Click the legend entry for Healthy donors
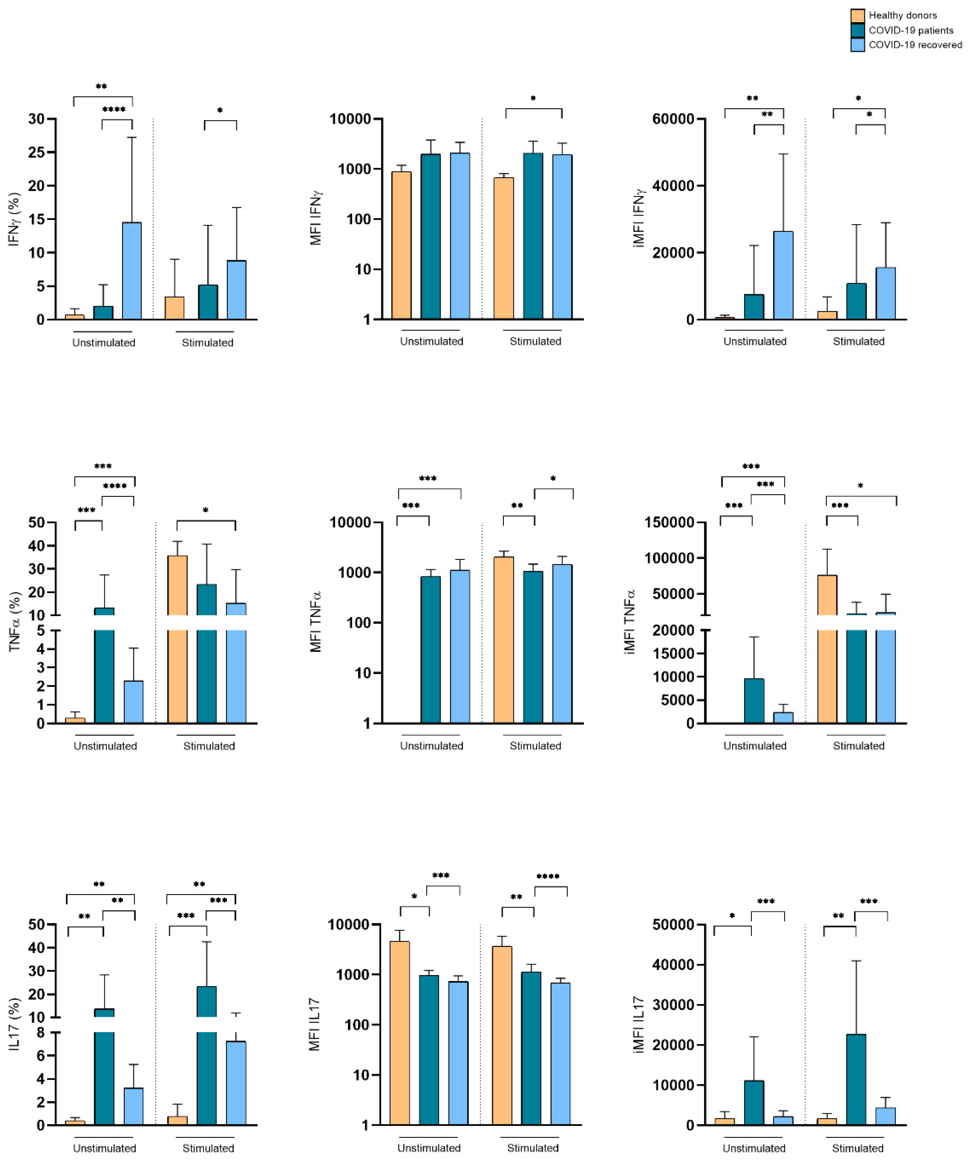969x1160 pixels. coord(902,16)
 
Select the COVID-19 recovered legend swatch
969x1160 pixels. coord(857,45)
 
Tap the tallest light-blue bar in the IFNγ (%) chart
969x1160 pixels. coord(131,271)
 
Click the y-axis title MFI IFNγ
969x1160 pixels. coord(316,219)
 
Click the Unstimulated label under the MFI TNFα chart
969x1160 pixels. coord(431,746)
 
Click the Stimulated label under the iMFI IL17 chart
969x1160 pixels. coord(857,1148)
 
